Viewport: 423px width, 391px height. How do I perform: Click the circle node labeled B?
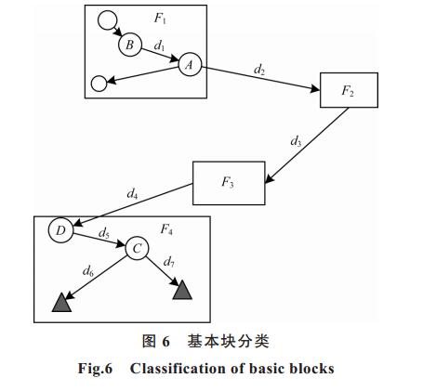coord(130,45)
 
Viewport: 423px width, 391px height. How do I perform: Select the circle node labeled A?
coord(190,64)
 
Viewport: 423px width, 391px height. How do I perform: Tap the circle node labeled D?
coord(61,230)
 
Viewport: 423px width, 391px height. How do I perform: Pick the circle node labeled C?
coord(137,248)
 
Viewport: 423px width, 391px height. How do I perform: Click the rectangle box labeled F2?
coord(349,90)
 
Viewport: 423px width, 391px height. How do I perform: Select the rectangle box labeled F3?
coord(229,183)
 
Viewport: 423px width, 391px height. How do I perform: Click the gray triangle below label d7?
coord(182,290)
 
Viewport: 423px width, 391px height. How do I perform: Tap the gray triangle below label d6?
coord(61,302)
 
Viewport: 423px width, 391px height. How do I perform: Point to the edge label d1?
coord(160,46)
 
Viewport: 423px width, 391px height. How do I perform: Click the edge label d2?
coord(259,71)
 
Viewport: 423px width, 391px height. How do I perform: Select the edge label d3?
coord(296,141)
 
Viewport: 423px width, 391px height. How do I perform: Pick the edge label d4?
coord(132,193)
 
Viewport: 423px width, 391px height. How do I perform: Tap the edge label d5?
coord(104,233)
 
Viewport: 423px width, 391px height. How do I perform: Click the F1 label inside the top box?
coord(160,19)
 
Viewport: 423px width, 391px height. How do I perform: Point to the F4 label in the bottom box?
coord(166,229)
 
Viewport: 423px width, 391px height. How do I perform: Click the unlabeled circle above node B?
coord(107,20)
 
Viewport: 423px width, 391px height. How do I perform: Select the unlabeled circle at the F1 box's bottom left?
coord(99,84)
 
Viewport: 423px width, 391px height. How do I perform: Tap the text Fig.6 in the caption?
coord(95,369)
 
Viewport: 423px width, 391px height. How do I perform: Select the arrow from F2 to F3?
coord(307,146)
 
